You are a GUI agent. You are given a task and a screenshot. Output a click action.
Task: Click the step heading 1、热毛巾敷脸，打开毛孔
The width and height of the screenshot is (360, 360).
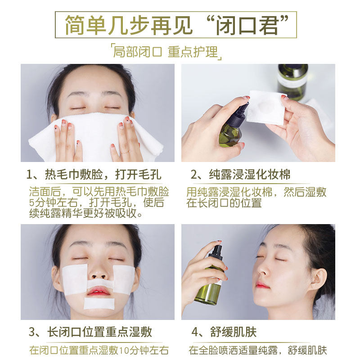click(94, 175)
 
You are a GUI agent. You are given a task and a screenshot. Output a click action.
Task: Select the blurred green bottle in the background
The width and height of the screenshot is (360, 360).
click(292, 81)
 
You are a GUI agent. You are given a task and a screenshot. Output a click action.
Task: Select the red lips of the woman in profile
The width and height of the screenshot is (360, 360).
click(262, 284)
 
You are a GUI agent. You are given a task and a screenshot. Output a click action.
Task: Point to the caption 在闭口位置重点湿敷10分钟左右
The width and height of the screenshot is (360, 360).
click(99, 350)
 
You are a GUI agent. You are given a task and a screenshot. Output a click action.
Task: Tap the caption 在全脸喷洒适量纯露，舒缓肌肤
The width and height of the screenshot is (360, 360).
click(257, 350)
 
